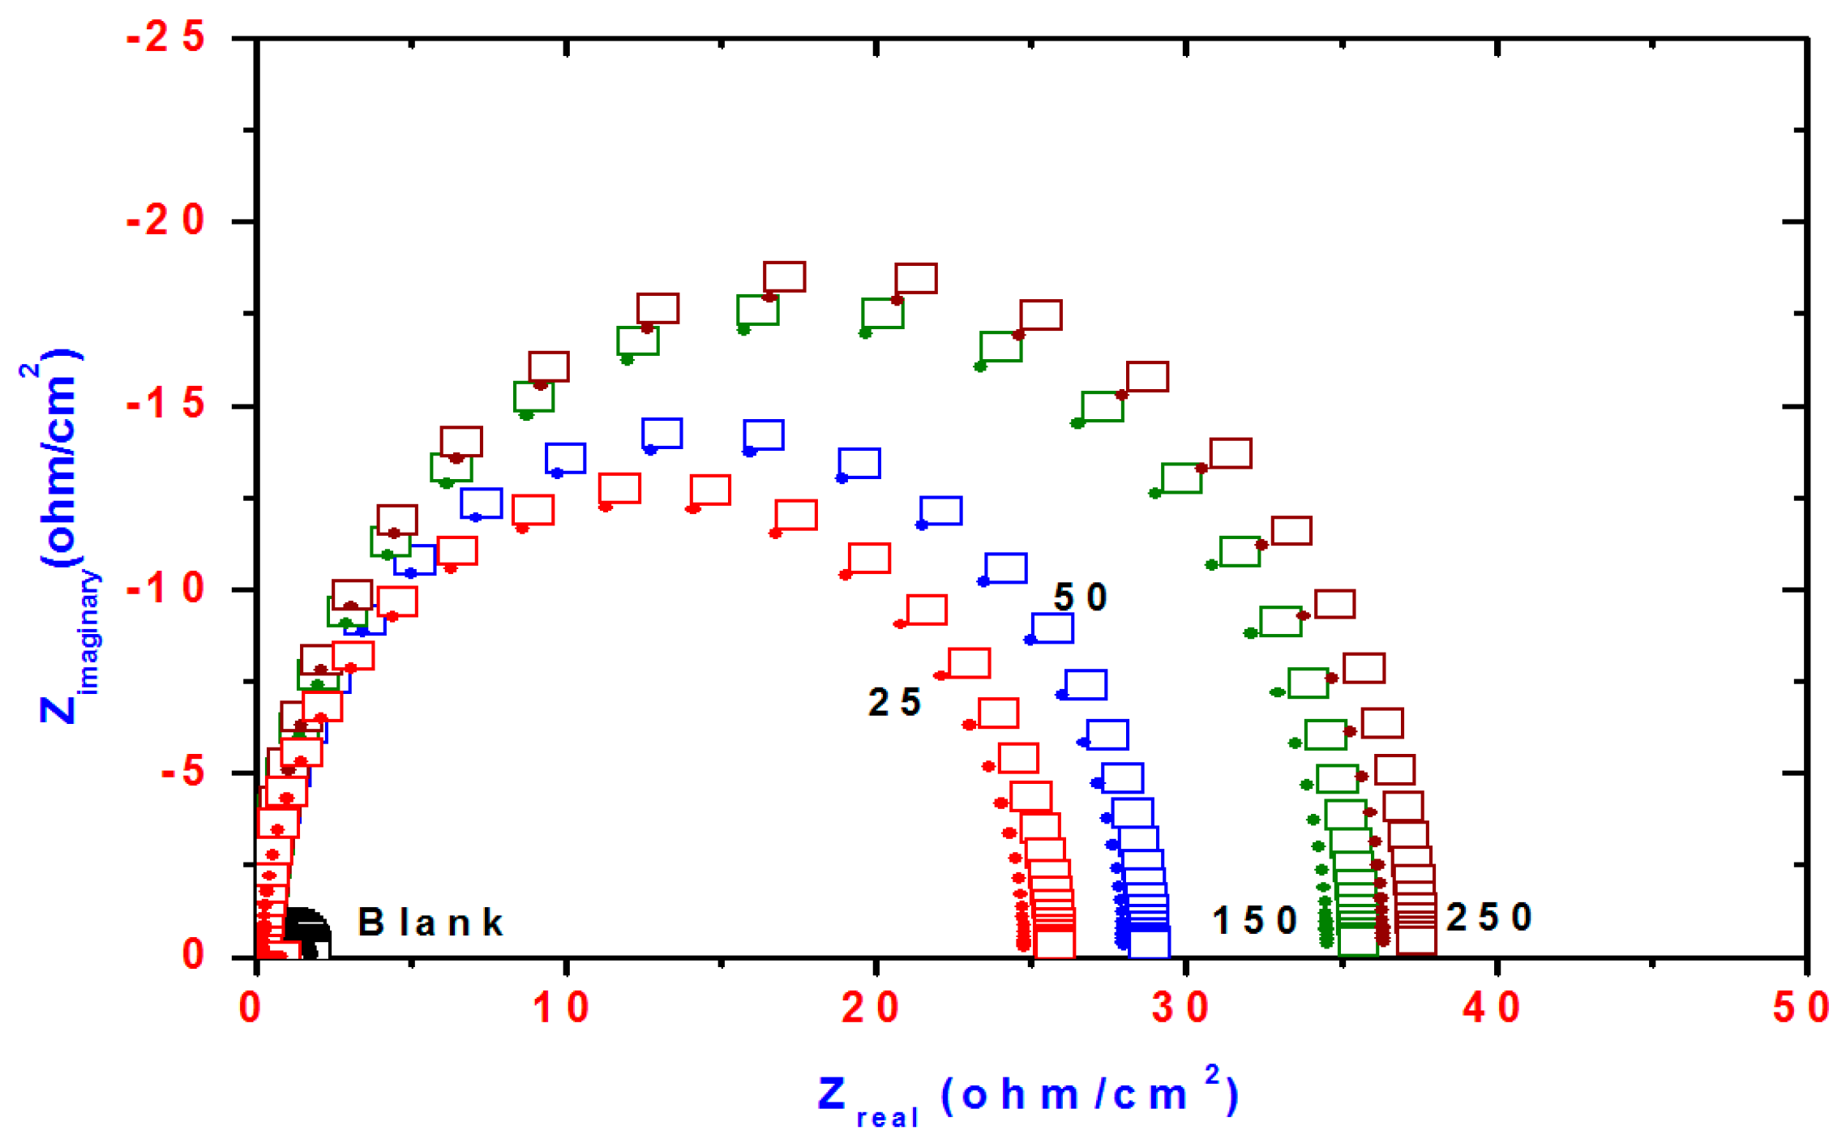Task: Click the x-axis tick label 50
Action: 1801,1008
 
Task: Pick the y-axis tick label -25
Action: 165,37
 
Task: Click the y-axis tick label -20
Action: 165,221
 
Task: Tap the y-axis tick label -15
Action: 165,405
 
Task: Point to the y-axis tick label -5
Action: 182,772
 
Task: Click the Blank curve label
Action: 430,923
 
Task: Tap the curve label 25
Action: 894,702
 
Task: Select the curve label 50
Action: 1080,597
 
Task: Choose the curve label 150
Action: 1254,920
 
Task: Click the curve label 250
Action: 1488,918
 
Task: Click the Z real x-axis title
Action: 1027,1097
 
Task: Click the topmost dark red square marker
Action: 784,276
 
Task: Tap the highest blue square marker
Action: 662,433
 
